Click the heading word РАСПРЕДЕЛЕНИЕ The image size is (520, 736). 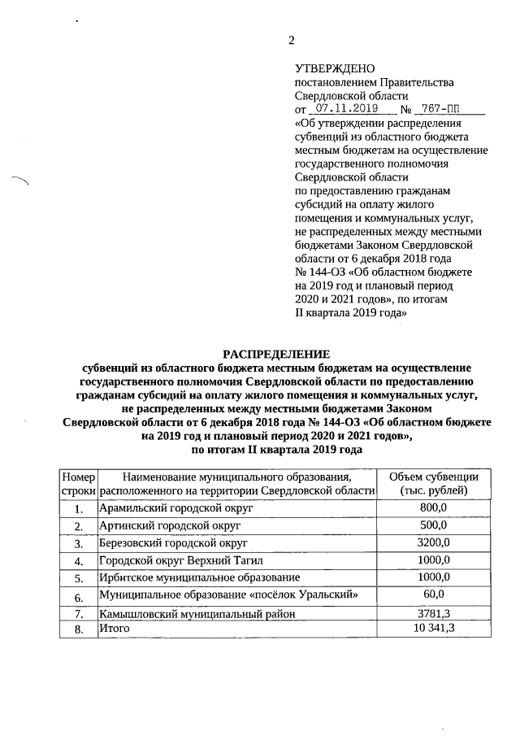(277, 353)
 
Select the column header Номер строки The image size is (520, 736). (79, 484)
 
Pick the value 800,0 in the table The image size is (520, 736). (444, 507)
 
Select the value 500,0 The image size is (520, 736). (444, 525)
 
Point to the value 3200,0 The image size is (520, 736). (444, 542)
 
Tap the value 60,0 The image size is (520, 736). (444, 595)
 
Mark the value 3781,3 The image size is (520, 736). (444, 612)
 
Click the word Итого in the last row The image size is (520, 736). (114, 629)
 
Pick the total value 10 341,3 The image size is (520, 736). (444, 629)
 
